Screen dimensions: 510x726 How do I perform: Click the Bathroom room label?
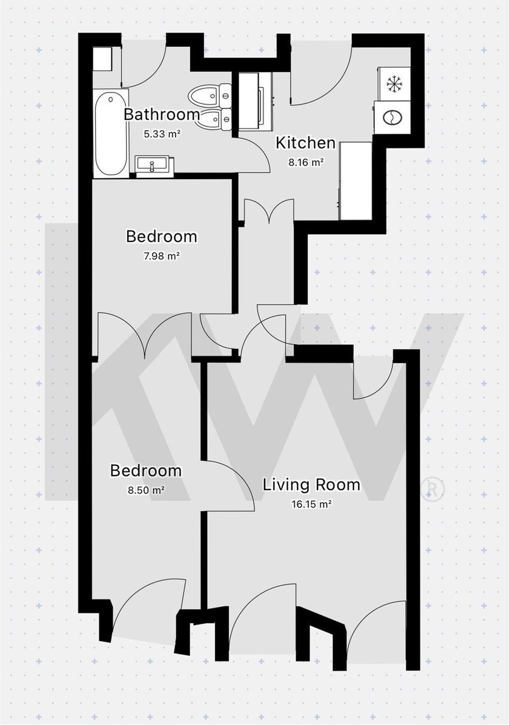161,114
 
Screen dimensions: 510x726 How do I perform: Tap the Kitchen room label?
306,143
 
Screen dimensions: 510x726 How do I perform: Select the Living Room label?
311,485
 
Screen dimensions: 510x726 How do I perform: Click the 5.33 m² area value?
162,134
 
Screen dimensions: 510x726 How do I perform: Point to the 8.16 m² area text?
306,162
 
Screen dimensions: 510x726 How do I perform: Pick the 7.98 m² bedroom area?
162,256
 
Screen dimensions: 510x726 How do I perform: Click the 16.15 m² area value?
311,505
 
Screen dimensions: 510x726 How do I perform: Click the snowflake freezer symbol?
394,84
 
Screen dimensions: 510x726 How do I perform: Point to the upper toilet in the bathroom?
210,96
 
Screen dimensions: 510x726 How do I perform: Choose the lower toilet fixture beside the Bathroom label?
214,120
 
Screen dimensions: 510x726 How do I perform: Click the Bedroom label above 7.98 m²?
162,237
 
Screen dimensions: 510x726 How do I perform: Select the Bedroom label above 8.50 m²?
145,471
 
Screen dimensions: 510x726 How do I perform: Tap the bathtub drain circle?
111,99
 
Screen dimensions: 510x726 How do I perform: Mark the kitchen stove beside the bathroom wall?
256,101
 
